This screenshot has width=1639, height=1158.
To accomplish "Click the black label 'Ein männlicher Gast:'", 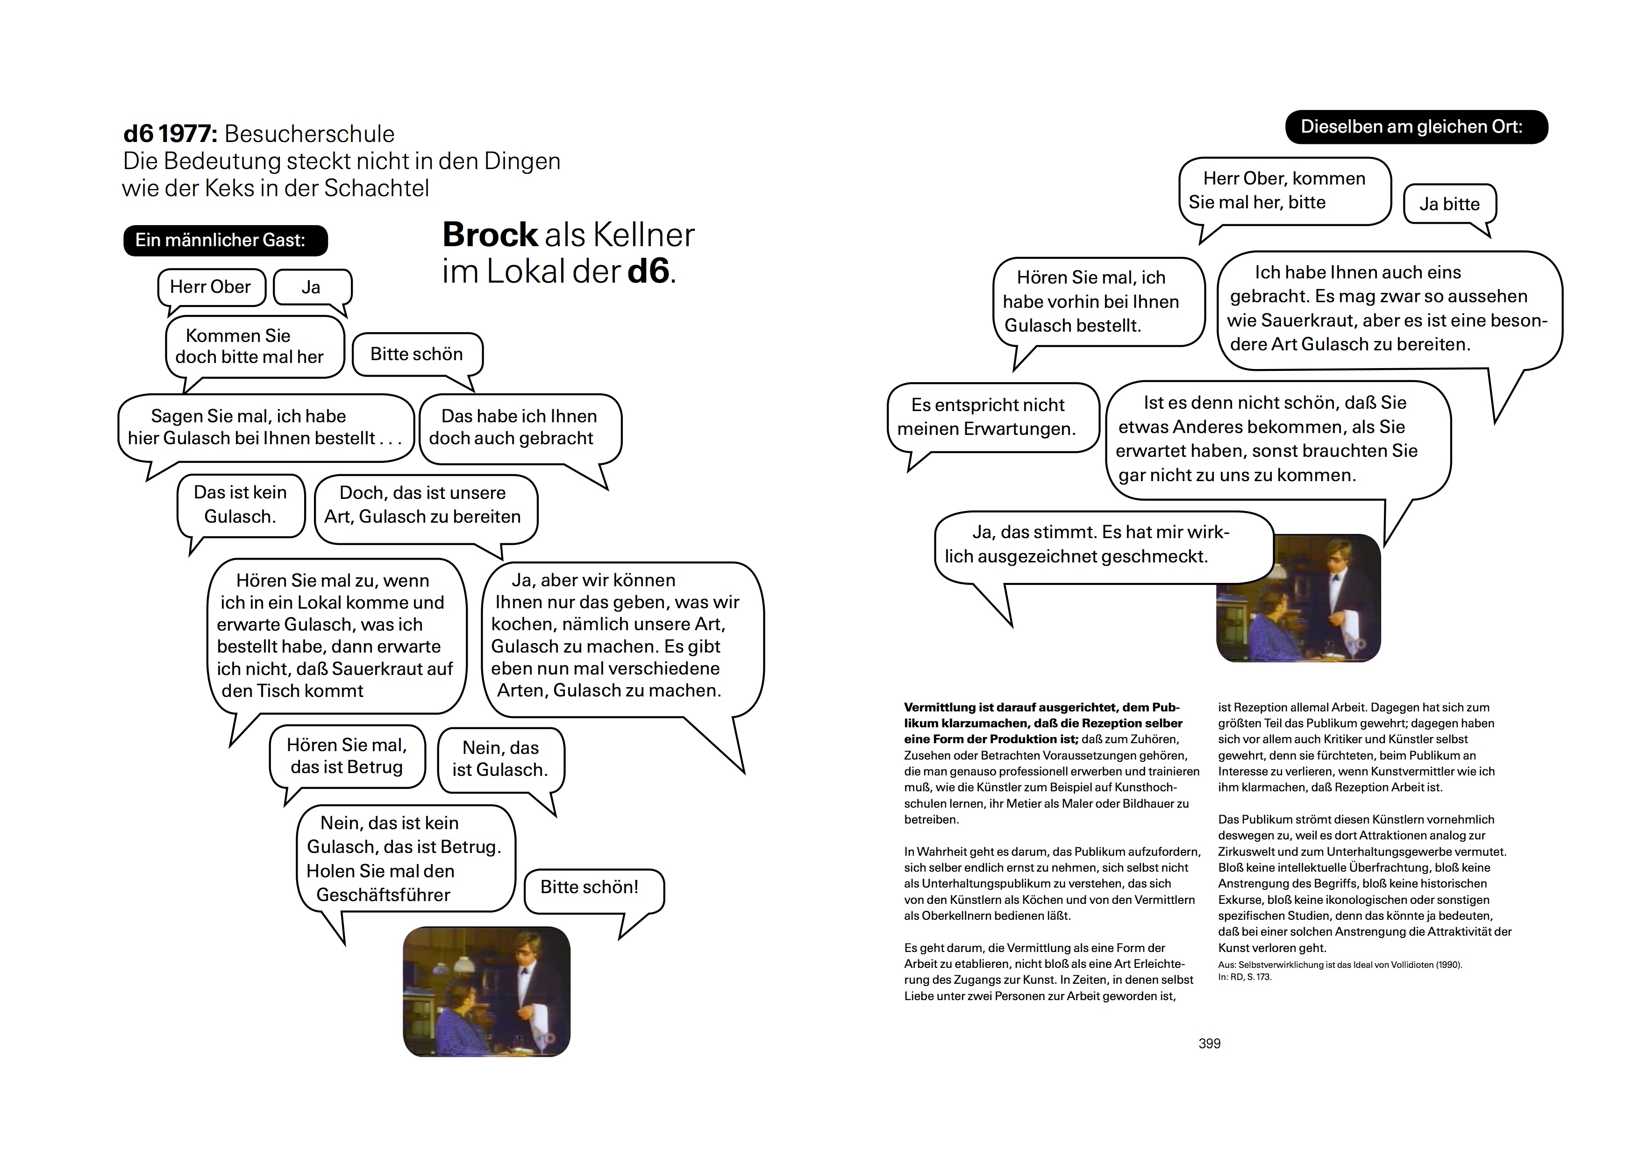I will point(225,241).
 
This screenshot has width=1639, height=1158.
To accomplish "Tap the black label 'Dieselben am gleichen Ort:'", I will point(1416,127).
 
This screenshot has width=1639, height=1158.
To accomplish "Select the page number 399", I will point(1209,1043).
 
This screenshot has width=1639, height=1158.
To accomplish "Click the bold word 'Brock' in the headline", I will point(490,235).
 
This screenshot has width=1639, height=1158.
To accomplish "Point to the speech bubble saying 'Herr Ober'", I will point(211,287).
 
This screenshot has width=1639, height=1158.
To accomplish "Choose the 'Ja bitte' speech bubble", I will point(1449,204).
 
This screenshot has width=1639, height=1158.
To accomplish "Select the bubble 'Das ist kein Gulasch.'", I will point(241,504).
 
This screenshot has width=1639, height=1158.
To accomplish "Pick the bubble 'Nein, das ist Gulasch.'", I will point(500,759).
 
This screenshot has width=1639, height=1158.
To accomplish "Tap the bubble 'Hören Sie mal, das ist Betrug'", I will point(347,756).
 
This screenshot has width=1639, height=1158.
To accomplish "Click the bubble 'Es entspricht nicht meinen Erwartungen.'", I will point(987,417).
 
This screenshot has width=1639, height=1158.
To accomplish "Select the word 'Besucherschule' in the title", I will point(309,134).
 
